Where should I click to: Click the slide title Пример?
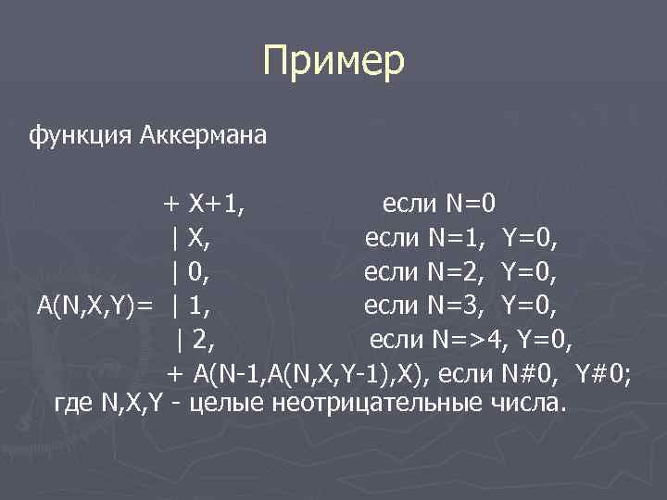coord(333,63)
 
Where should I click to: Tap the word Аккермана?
coord(204,137)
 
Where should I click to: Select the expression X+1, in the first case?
coord(217,203)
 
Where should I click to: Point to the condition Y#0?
coord(603,375)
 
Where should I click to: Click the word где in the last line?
coord(71,404)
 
